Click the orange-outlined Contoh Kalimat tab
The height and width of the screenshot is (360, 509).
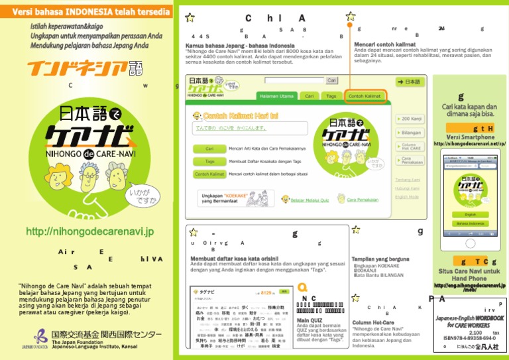(x=365, y=96)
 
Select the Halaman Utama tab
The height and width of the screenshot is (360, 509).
(x=276, y=96)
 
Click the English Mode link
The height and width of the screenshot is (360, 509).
(x=407, y=197)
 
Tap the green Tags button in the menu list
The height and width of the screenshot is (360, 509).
(x=209, y=161)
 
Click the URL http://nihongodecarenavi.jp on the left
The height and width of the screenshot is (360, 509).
(x=89, y=232)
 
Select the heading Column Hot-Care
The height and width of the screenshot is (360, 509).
(x=374, y=322)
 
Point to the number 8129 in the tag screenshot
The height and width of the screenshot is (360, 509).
(x=266, y=292)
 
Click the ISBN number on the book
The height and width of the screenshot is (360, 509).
(x=472, y=339)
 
